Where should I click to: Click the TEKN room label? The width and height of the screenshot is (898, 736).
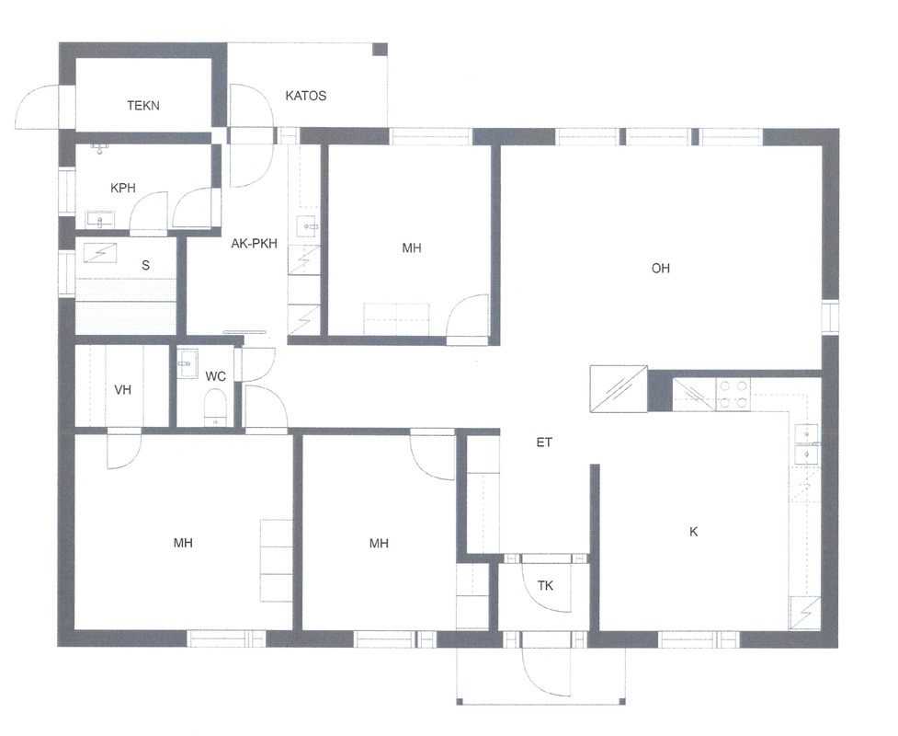[143, 106]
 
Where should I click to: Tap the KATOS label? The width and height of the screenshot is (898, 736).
[306, 96]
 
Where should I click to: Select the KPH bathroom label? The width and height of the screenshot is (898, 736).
[123, 188]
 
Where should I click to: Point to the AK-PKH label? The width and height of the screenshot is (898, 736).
[255, 244]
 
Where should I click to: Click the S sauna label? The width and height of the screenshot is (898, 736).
[145, 265]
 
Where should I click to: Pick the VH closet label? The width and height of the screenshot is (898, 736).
[122, 390]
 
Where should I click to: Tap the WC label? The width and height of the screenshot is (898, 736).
[215, 376]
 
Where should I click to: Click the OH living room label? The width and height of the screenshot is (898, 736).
[660, 268]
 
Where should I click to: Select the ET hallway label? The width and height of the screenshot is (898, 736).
[544, 442]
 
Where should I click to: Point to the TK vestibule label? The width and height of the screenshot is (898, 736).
[545, 585]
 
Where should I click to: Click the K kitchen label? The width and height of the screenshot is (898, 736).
[694, 532]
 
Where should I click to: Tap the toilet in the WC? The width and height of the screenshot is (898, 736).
[216, 407]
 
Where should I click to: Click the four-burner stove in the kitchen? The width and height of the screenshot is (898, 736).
[733, 395]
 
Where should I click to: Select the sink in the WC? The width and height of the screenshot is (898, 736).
[188, 363]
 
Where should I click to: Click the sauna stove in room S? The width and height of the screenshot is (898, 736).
[101, 253]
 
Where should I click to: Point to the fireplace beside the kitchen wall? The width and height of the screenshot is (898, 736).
[619, 388]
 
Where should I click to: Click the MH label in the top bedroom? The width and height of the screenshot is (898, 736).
[411, 247]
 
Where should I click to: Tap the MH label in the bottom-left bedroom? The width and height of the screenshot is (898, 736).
[183, 542]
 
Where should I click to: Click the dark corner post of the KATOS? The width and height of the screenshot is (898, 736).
[380, 50]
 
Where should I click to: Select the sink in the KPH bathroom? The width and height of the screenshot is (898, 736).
[100, 220]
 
